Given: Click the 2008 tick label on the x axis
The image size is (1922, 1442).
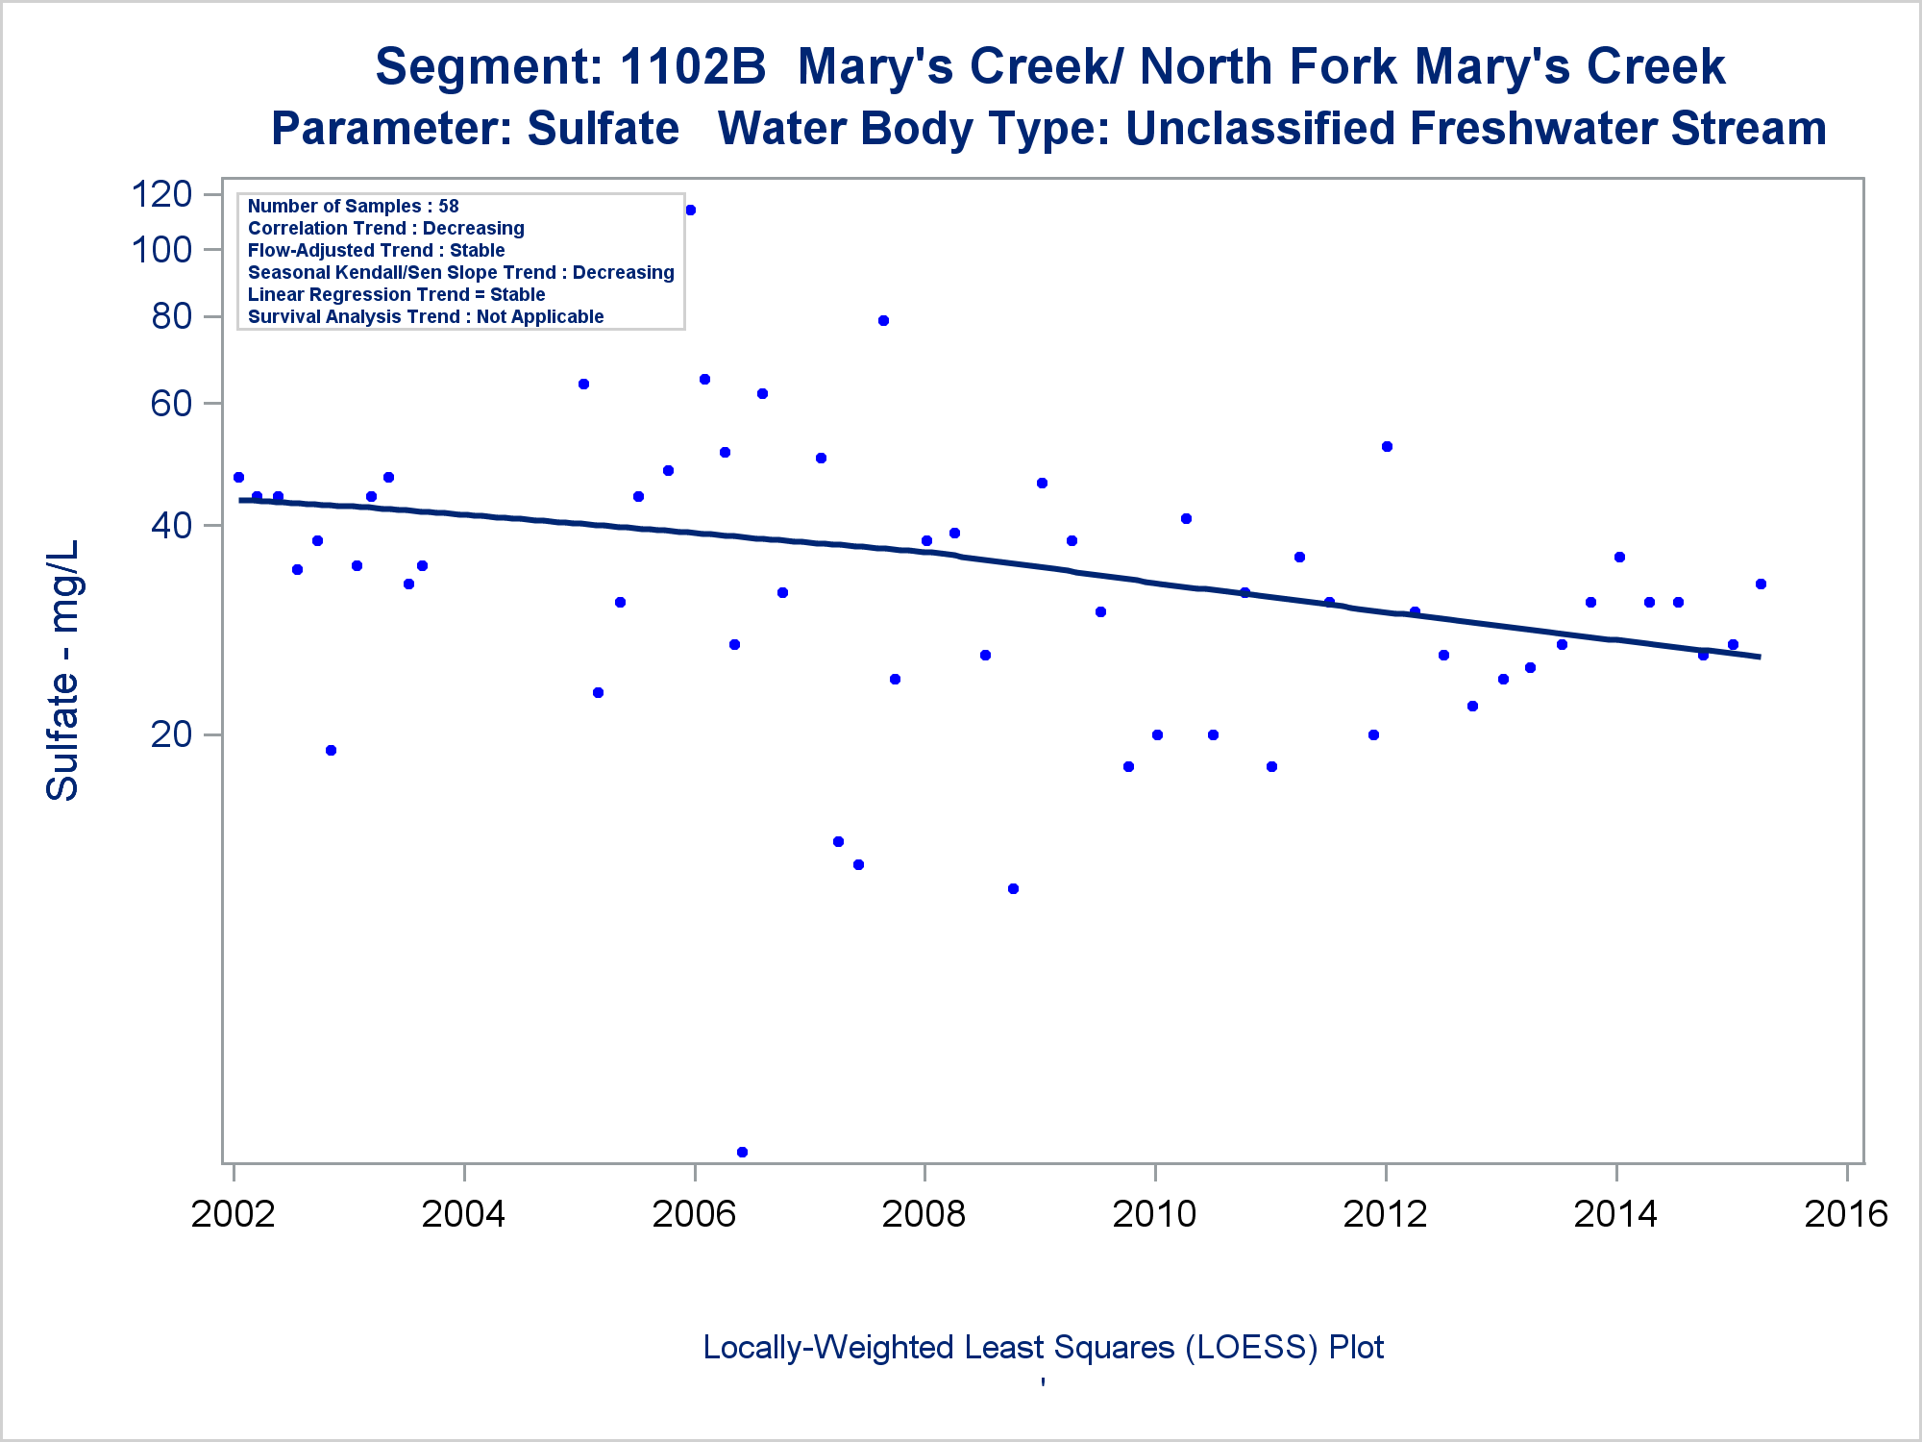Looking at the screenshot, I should coord(924,1213).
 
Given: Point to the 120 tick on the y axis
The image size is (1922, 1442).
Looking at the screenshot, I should coord(161,194).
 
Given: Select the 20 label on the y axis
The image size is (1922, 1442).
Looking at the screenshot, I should coord(172,734).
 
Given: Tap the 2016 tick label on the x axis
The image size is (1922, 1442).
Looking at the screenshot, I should coord(1846,1213).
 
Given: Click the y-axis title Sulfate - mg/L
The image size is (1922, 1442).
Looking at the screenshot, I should coord(63,670).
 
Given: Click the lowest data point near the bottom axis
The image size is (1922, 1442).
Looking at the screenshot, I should coord(742,1152).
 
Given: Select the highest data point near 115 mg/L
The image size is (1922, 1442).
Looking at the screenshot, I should coord(690,211).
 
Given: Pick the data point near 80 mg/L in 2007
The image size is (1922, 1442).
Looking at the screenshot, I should coord(883,321).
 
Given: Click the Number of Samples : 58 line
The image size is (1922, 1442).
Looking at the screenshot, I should coord(353,206).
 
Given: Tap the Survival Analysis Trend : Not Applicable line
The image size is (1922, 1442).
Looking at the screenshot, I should coord(426,316).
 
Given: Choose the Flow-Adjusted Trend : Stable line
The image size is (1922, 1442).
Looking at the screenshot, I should coord(376,250).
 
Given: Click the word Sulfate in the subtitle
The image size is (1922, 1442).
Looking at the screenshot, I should coord(603,129).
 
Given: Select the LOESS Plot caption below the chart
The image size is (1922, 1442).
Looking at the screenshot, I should coord(1043,1347).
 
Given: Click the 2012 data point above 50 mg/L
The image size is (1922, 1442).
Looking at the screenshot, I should coord(1387,447).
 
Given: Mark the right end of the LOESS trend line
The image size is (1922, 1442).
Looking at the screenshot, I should coord(1760,657).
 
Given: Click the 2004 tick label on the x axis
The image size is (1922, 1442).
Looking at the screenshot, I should coord(463,1213).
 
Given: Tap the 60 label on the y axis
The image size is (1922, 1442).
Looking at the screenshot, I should coord(172,404).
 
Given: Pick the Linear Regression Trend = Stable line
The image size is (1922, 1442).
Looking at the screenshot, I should coord(396,294).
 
